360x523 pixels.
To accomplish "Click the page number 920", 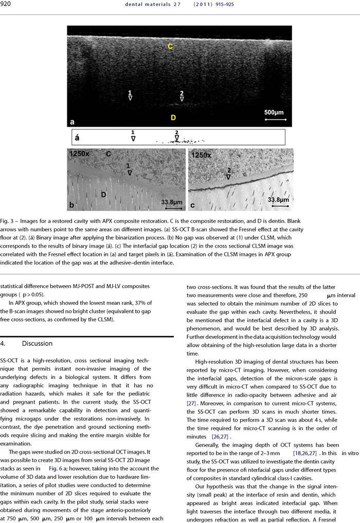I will tap(7, 5).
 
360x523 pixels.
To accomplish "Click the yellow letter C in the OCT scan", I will tap(170, 47).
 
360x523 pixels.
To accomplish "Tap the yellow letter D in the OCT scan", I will tap(173, 118).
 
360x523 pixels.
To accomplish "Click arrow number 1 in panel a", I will tap(130, 95).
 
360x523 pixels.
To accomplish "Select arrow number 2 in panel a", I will tap(182, 96).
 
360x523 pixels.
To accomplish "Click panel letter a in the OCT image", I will tap(73, 122).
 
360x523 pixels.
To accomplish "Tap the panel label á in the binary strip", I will tap(77, 137).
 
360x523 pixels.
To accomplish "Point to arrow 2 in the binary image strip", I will tap(176, 136).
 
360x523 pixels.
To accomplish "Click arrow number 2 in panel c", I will tap(229, 172).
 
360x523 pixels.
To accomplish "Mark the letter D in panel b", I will tap(103, 194).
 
